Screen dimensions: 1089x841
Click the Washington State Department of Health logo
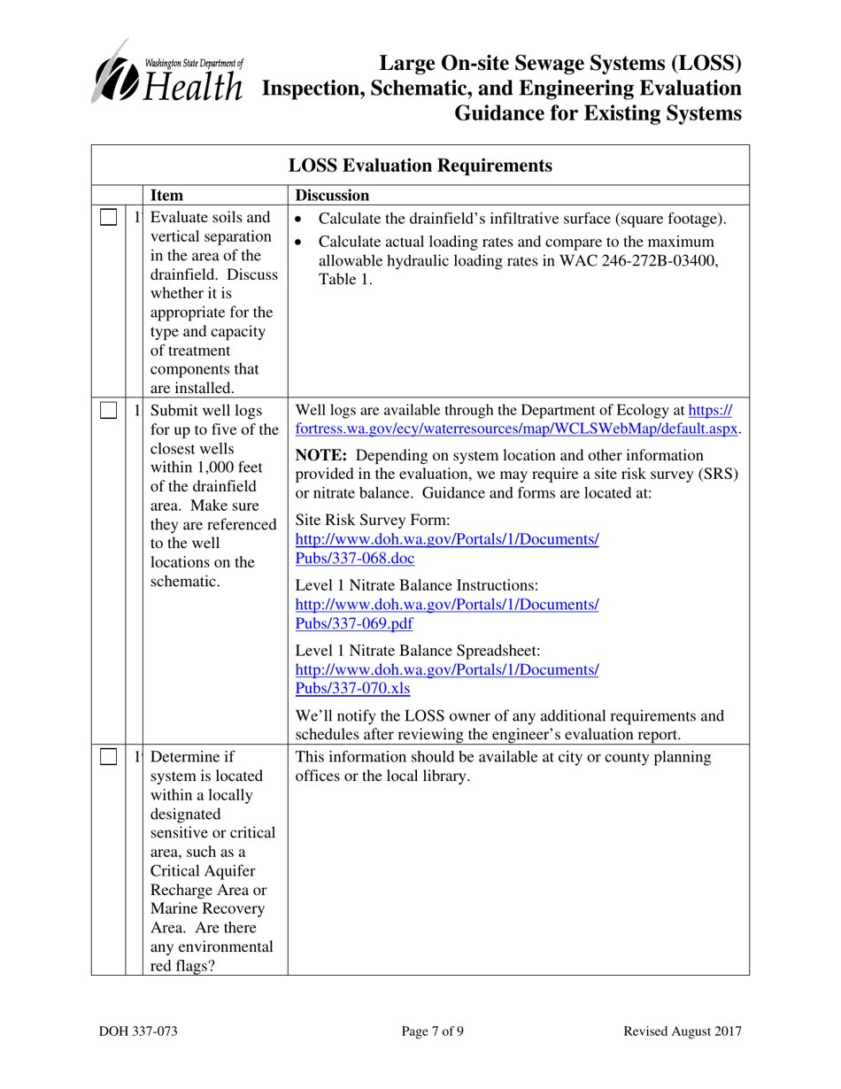tap(167, 73)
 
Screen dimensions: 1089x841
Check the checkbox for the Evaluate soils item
tap(109, 217)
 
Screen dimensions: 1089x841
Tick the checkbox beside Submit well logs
tap(109, 411)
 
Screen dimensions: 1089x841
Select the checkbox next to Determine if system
tap(109, 757)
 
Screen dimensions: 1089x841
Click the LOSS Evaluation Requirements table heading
tap(420, 166)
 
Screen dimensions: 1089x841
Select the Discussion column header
tap(332, 195)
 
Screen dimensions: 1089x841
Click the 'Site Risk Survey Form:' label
tap(366, 520)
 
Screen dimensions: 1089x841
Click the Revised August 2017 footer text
tap(682, 1031)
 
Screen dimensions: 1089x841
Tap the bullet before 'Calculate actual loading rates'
tap(299, 242)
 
